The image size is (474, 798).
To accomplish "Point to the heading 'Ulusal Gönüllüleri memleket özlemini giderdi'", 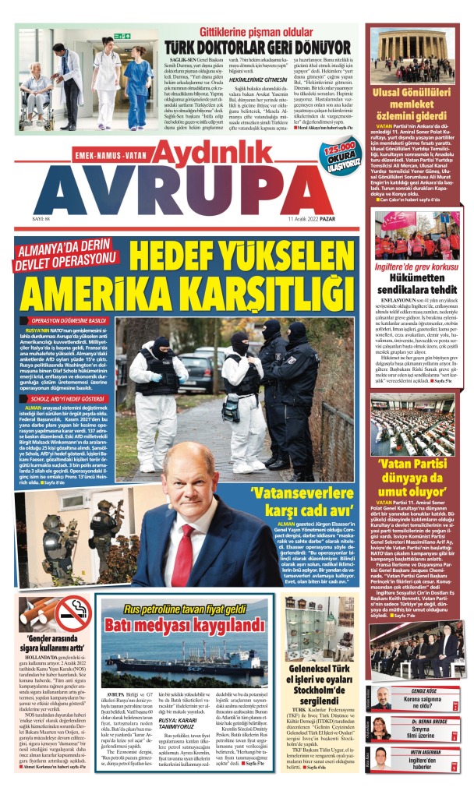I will pyautogui.click(x=420, y=107).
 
